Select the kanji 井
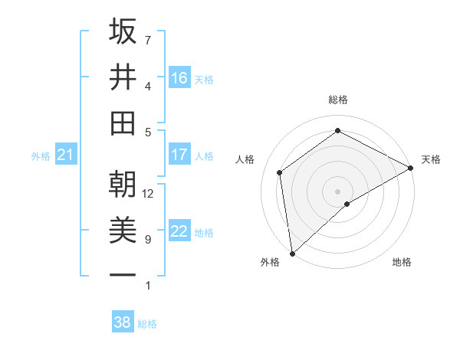coord(123,77)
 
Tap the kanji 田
coord(123,123)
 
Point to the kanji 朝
coord(123,185)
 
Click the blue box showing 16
coord(179,77)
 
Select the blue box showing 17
coord(179,155)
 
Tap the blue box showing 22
coord(179,231)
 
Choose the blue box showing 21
coord(65,155)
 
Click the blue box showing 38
coord(123,322)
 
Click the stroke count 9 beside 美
coord(147,240)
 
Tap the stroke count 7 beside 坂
coord(147,40)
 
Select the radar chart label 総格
coord(337,100)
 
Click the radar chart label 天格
coord(431,159)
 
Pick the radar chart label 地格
coord(402,262)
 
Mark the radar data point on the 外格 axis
coord(292,253)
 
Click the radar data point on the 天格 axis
coord(411,167)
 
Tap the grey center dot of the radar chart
coord(337,191)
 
